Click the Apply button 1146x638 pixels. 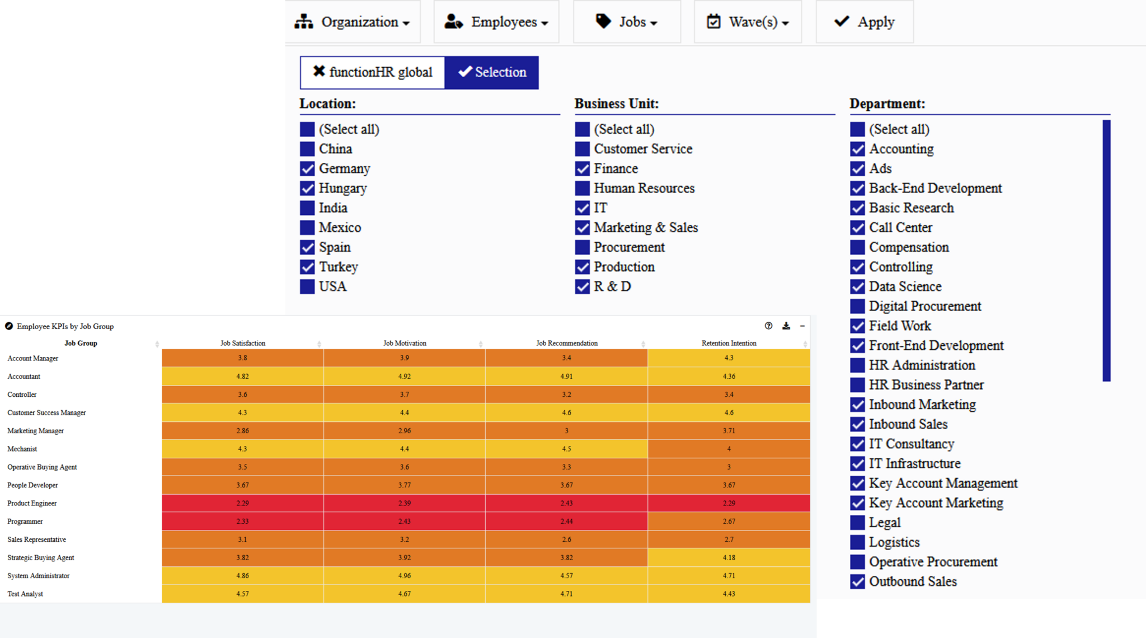pyautogui.click(x=865, y=22)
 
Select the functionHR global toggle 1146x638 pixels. pyautogui.click(x=373, y=72)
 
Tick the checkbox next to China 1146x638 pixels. pyautogui.click(x=307, y=149)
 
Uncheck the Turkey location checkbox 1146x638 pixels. pyautogui.click(x=307, y=267)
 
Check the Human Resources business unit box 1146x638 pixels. pyautogui.click(x=583, y=189)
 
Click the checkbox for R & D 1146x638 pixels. pyautogui.click(x=583, y=287)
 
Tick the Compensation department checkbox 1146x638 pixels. pyautogui.click(x=857, y=247)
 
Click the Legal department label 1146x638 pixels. pyautogui.click(x=885, y=523)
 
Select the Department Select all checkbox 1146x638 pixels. pyautogui.click(x=857, y=130)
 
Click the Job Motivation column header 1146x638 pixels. pyautogui.click(x=405, y=343)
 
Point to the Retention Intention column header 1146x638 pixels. pyautogui.click(x=729, y=343)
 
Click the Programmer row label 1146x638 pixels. pyautogui.click(x=25, y=522)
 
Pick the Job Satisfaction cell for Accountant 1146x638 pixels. pyautogui.click(x=242, y=377)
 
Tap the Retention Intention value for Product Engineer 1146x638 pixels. pyautogui.click(x=729, y=503)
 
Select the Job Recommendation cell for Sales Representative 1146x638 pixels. pyautogui.click(x=566, y=540)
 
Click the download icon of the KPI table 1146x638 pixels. pyautogui.click(x=786, y=326)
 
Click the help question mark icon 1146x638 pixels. pyautogui.click(x=768, y=326)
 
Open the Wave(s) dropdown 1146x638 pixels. pyautogui.click(x=748, y=22)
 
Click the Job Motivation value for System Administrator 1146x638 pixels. pyautogui.click(x=405, y=576)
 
